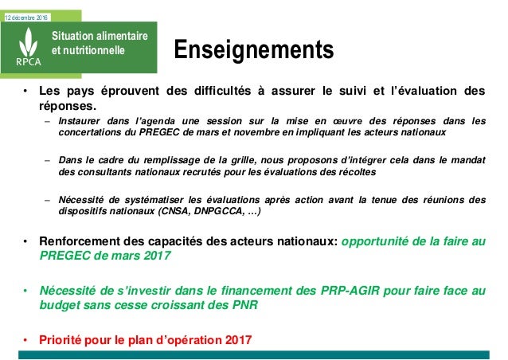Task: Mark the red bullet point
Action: click(25, 340)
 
